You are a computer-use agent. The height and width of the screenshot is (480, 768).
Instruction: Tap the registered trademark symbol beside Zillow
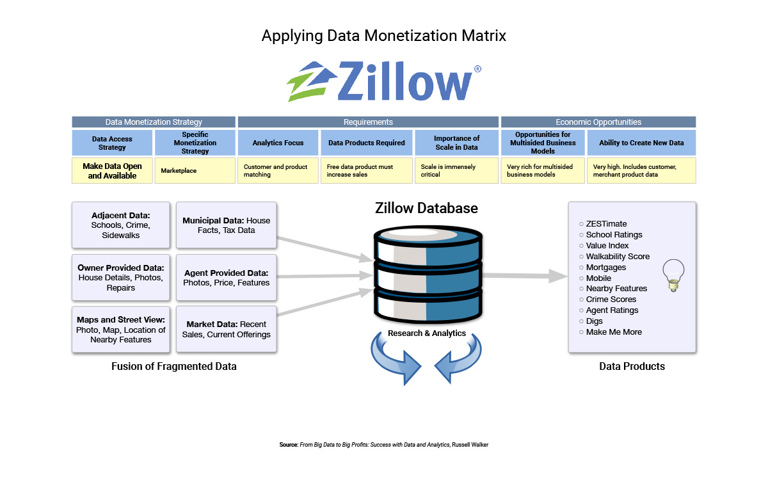pos(477,69)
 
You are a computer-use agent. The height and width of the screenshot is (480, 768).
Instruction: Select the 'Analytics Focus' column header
pos(278,143)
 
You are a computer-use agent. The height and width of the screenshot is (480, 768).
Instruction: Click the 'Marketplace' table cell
pos(195,170)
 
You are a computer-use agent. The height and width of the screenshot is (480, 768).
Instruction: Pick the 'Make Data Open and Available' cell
pos(112,170)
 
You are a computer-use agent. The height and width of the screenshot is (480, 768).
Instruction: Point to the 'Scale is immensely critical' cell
pos(456,170)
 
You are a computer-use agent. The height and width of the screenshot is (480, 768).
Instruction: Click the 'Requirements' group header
pos(368,122)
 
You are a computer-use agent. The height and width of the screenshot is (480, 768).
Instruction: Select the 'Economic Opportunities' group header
pos(598,122)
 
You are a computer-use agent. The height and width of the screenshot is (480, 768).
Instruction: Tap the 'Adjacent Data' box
pos(121,225)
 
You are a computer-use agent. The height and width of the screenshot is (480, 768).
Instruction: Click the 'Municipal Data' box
pos(227,225)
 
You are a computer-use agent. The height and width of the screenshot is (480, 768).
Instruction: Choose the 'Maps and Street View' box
pos(121,330)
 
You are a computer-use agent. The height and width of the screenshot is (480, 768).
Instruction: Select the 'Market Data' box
pos(227,330)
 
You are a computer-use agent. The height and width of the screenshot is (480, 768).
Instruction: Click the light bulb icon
pos(673,275)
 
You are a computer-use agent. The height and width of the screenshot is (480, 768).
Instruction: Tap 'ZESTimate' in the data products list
pos(606,224)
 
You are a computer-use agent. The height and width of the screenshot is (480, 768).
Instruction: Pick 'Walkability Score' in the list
pos(618,257)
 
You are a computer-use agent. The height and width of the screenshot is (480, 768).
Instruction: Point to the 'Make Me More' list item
pos(614,332)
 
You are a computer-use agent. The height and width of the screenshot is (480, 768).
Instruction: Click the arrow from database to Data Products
pos(525,276)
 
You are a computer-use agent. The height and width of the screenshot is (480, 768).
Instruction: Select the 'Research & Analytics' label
pos(426,333)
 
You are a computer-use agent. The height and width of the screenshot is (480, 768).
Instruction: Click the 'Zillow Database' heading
pos(426,208)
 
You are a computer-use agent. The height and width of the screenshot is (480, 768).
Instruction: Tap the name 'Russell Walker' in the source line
pos(470,445)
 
